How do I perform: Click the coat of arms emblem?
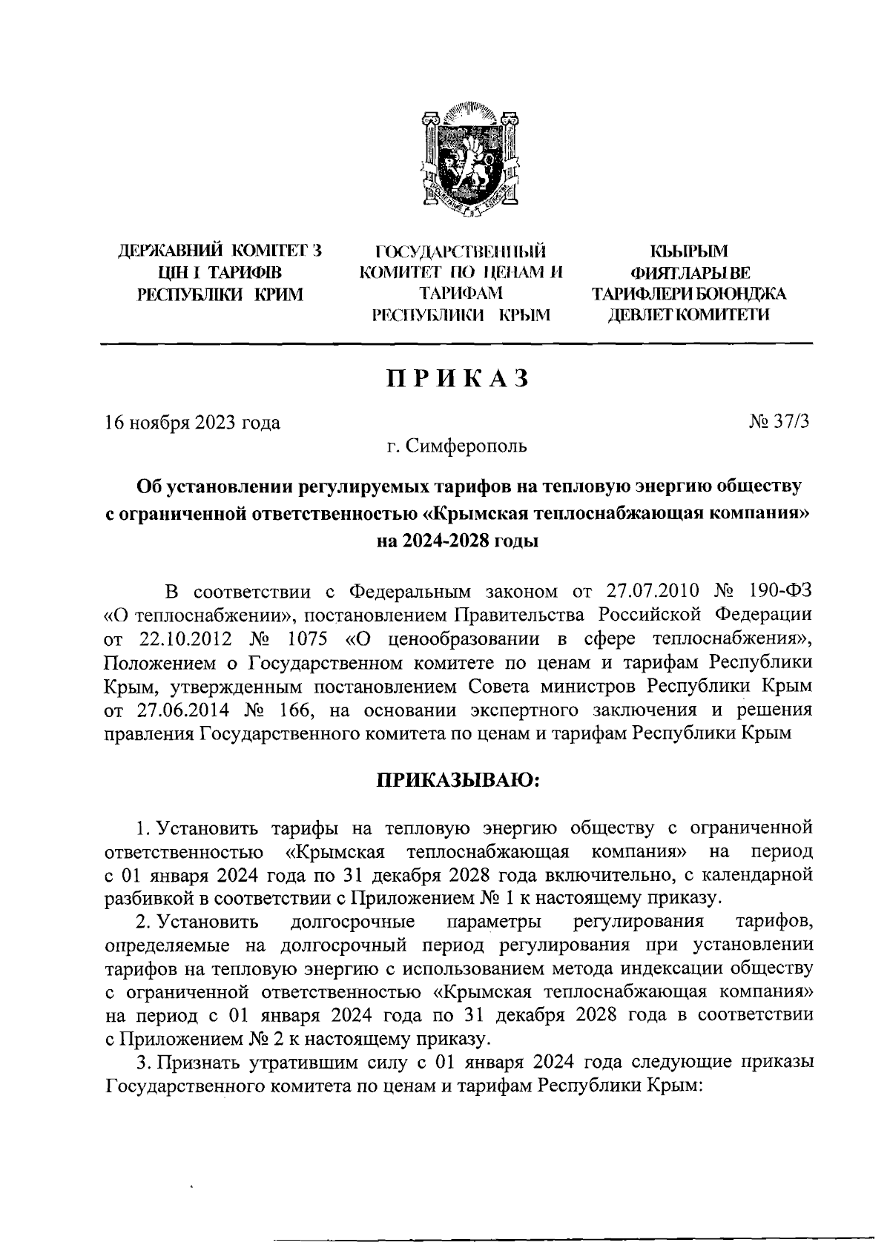click(467, 165)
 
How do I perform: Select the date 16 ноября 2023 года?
click(193, 423)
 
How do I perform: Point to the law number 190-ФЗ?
click(782, 592)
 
